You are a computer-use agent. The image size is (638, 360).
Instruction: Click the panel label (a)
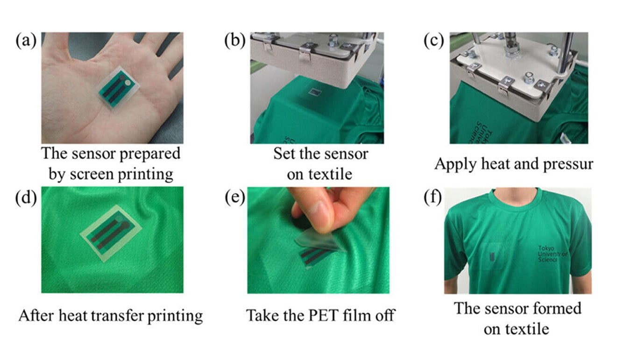(x=26, y=41)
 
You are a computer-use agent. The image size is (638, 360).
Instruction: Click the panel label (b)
(x=234, y=41)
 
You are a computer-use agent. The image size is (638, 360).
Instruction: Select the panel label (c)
(x=433, y=41)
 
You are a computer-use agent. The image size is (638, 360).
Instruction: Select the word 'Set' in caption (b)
(x=284, y=154)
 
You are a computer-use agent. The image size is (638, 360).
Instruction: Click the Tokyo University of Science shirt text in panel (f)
(x=552, y=254)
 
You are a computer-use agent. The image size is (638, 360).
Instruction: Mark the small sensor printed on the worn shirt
(x=492, y=257)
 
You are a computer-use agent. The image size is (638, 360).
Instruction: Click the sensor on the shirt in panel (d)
(x=111, y=233)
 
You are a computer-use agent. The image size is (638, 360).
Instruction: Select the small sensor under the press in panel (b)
(x=315, y=92)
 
